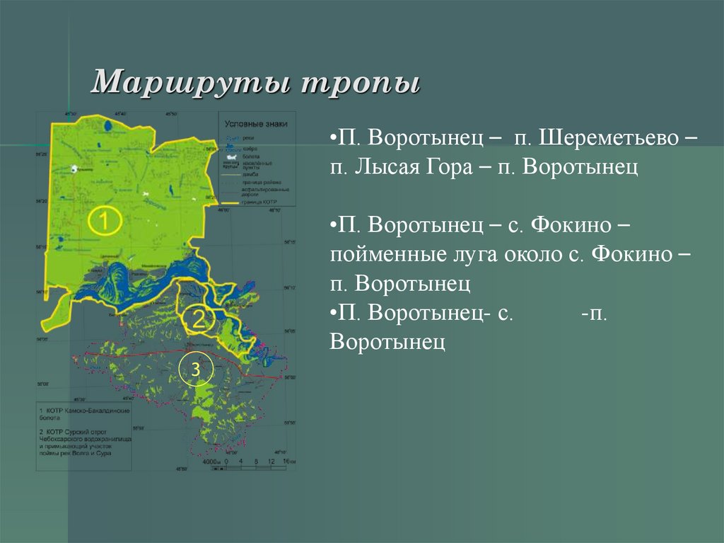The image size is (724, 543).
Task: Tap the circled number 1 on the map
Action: [x=104, y=222]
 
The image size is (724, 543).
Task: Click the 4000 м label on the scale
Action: [x=211, y=462]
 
